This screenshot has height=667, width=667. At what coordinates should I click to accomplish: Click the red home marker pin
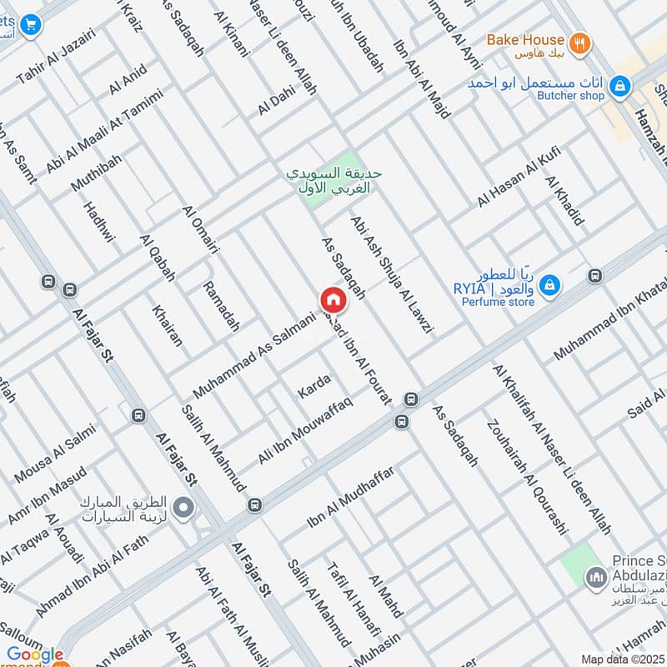click(333, 300)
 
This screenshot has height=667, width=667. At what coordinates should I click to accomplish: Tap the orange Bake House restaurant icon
click(580, 43)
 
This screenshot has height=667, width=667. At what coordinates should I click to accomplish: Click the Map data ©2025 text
click(622, 659)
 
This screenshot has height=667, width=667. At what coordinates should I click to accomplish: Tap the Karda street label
click(314, 386)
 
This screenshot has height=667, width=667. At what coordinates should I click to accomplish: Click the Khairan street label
click(167, 325)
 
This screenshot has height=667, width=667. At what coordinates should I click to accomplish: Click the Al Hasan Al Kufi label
click(519, 178)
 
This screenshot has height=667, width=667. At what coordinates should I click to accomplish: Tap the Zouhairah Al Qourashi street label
click(525, 475)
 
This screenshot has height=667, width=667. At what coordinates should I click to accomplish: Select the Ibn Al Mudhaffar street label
click(350, 497)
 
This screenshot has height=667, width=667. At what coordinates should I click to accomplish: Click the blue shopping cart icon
click(32, 26)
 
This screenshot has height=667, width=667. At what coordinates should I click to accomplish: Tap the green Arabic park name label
click(333, 181)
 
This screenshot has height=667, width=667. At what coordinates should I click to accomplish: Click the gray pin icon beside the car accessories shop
click(184, 506)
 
